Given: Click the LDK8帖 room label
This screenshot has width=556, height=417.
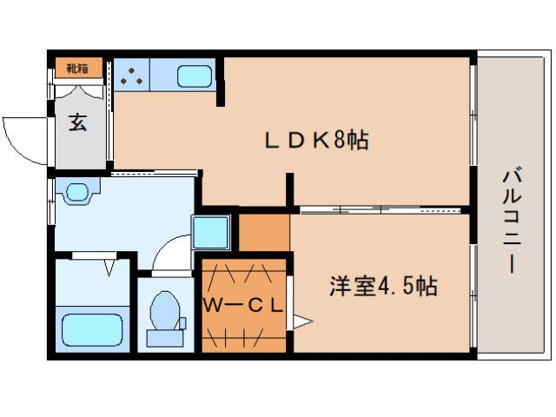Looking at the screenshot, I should click(x=316, y=140).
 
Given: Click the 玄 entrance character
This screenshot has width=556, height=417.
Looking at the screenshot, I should click(x=78, y=122).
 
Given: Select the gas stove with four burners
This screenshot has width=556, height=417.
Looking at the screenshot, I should click(x=132, y=76).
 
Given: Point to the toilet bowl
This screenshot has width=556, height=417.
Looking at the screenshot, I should click(x=165, y=314).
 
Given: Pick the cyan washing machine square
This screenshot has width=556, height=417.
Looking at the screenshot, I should click(x=211, y=231).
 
